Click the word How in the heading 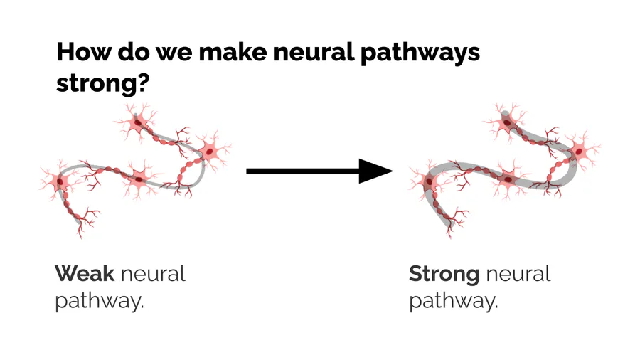(x=80, y=53)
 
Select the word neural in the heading (x=297, y=53)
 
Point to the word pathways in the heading (x=414, y=54)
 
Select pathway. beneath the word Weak (x=100, y=301)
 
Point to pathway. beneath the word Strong (x=453, y=301)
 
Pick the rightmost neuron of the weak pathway (x=210, y=150)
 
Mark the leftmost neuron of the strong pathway (x=430, y=183)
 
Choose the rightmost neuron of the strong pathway (x=580, y=151)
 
